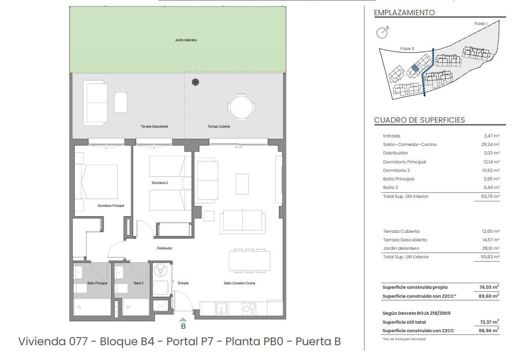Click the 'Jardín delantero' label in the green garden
[x=186, y=40]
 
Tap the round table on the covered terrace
[x=241, y=107]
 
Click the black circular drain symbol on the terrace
[x=195, y=82]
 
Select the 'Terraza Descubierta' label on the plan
[x=154, y=127]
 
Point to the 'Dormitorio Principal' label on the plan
[x=111, y=206]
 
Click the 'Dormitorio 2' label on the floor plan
[x=160, y=183]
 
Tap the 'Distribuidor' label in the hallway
[x=164, y=248]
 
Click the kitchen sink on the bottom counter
[x=221, y=308]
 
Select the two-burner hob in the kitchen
[x=249, y=308]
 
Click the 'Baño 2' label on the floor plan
[x=138, y=283]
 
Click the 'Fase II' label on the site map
[x=407, y=49]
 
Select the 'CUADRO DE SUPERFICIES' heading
[x=419, y=120]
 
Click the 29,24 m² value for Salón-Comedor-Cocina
[x=491, y=145]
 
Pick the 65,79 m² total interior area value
[x=491, y=196]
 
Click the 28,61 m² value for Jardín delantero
[x=491, y=249]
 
